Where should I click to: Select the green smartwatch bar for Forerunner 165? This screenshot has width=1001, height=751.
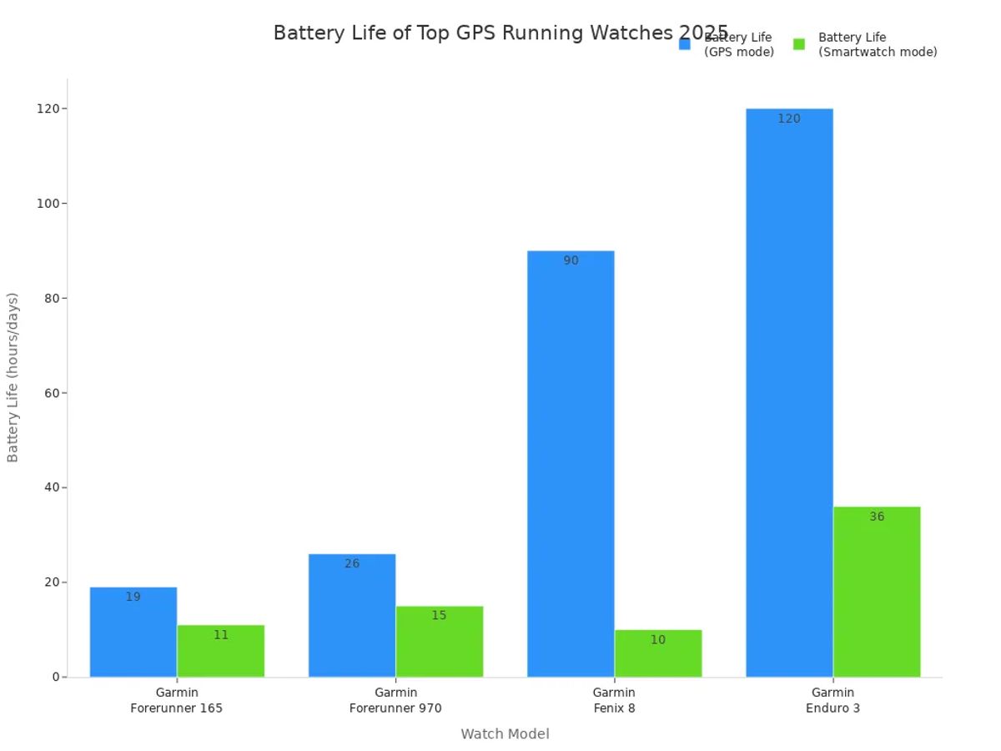pos(220,655)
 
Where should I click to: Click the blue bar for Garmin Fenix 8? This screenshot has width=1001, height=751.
pos(571,467)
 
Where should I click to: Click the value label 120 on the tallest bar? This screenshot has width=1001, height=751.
pos(789,119)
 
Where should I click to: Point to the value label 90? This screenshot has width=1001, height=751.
pos(571,261)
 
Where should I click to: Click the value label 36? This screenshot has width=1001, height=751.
pos(877,517)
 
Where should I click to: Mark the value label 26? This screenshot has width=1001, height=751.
pos(352,564)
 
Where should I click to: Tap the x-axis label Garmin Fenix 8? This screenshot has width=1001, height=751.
pos(614,700)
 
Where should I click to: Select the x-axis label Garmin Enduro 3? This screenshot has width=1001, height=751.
pos(832,700)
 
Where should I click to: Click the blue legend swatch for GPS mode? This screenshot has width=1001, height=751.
pos(685,44)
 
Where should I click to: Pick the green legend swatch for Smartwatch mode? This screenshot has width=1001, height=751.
pos(799,44)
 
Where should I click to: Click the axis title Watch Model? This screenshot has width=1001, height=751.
pos(505,734)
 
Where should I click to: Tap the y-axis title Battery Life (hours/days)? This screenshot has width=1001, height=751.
pos(13,377)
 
